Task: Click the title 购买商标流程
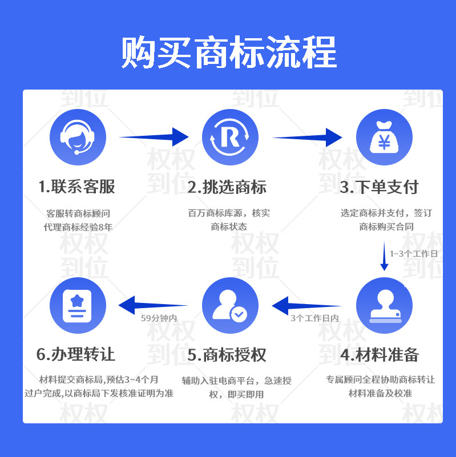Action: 228,52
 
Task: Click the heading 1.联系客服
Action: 77,187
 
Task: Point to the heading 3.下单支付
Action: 380,187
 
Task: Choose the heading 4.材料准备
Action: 380,355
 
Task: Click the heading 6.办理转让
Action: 76,355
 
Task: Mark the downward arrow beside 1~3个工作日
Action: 384,257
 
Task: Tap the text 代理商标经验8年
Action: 78,227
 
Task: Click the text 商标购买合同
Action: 386,227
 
